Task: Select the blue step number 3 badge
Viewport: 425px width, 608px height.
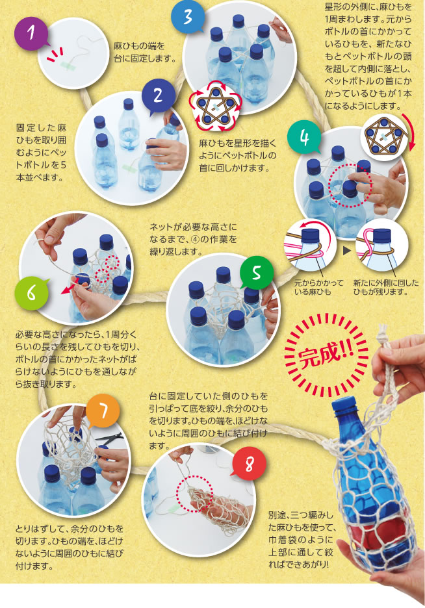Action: point(188,18)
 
